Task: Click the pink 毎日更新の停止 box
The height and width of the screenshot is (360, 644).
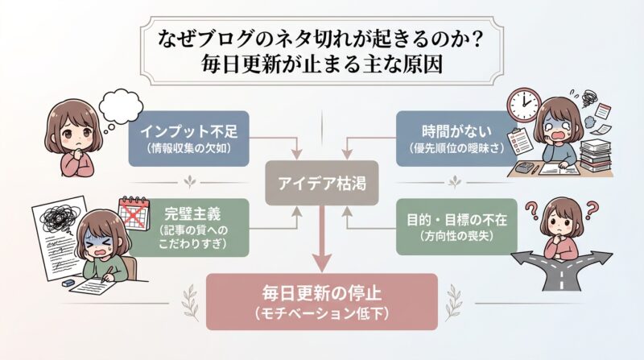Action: tap(322, 301)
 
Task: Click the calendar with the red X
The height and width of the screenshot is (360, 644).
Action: tap(134, 212)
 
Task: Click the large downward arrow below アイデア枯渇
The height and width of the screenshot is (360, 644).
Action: tap(322, 242)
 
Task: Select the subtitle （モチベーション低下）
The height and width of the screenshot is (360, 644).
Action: tap(322, 312)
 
